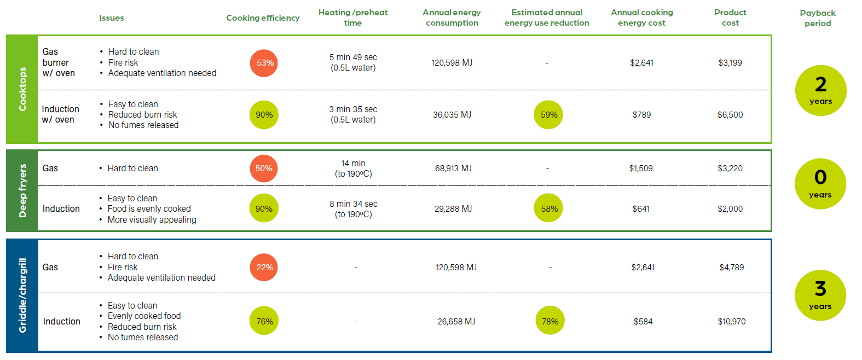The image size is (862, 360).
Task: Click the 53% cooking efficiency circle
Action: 264,63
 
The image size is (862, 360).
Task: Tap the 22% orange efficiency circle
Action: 264,268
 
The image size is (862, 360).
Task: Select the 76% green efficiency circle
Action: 264,321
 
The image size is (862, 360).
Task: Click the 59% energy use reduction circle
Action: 548,115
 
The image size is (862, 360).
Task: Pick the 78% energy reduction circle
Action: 549,321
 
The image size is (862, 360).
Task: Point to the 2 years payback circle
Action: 820,91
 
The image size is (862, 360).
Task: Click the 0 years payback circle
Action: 820,184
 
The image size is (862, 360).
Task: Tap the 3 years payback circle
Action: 820,295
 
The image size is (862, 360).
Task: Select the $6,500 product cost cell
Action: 730,115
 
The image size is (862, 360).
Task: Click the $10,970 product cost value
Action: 731,322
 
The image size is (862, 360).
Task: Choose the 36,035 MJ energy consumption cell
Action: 452,115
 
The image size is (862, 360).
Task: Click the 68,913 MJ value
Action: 453,169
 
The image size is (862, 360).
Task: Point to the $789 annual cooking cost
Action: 641,115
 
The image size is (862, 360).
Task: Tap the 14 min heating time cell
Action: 353,169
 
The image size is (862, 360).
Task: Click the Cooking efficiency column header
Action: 263,18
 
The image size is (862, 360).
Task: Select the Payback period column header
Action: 817,18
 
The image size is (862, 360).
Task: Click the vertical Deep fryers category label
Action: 22,190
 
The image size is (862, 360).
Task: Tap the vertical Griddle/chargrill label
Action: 22,295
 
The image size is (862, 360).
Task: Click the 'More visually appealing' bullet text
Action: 152,220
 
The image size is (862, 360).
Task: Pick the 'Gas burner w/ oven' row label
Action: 59,62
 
